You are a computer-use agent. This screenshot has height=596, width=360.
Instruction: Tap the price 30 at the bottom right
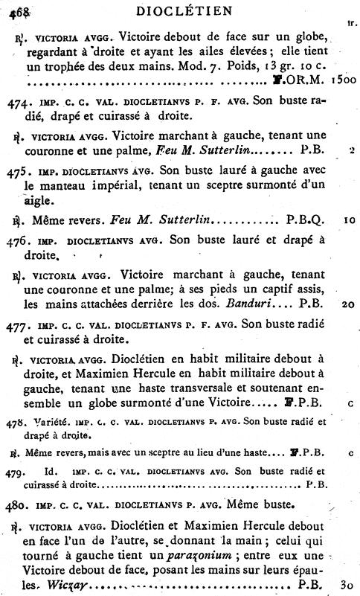[346, 585]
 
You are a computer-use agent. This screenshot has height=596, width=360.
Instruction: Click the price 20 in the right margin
[348, 304]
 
